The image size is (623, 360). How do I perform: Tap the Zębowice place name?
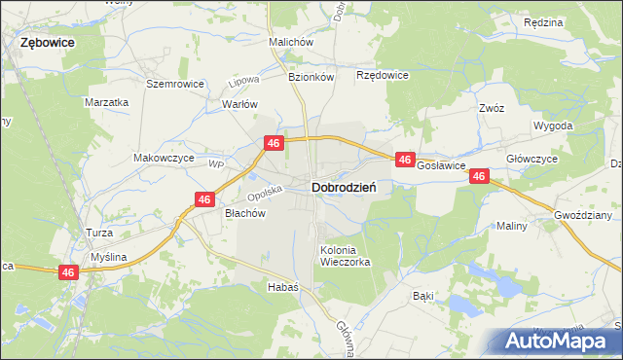[x=48, y=44]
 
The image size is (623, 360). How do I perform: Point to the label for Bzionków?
[x=311, y=76]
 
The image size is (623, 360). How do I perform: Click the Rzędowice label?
[x=383, y=75]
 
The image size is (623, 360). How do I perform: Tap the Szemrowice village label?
[x=174, y=84]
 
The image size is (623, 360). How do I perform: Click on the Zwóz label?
[x=491, y=109]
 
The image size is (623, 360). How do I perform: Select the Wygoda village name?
[x=553, y=126]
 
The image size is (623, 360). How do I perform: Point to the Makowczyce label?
[x=164, y=158]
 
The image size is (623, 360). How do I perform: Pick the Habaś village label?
[x=282, y=288]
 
